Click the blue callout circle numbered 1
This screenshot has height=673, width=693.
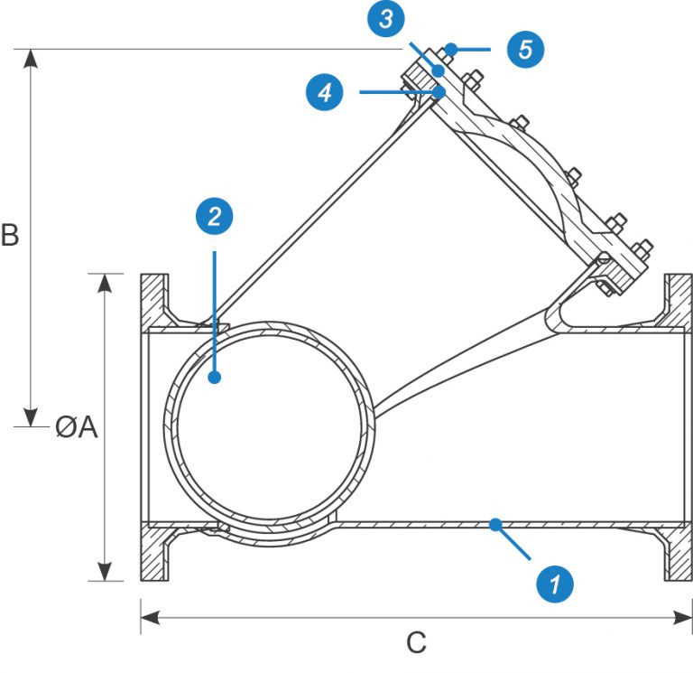pyautogui.click(x=556, y=583)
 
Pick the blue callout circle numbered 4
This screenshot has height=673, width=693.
pyautogui.click(x=324, y=92)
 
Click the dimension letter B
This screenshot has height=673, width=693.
pyautogui.click(x=10, y=235)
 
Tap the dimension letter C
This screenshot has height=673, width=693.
pyautogui.click(x=415, y=643)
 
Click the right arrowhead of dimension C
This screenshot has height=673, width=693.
pyautogui.click(x=681, y=617)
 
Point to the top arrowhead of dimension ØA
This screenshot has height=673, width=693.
pyautogui.click(x=106, y=282)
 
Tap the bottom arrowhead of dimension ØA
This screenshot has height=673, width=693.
pyautogui.click(x=106, y=572)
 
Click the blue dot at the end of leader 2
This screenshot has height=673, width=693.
pyautogui.click(x=215, y=378)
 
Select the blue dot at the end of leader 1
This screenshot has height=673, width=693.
pyautogui.click(x=494, y=523)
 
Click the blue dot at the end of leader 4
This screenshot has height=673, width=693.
pyautogui.click(x=439, y=91)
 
